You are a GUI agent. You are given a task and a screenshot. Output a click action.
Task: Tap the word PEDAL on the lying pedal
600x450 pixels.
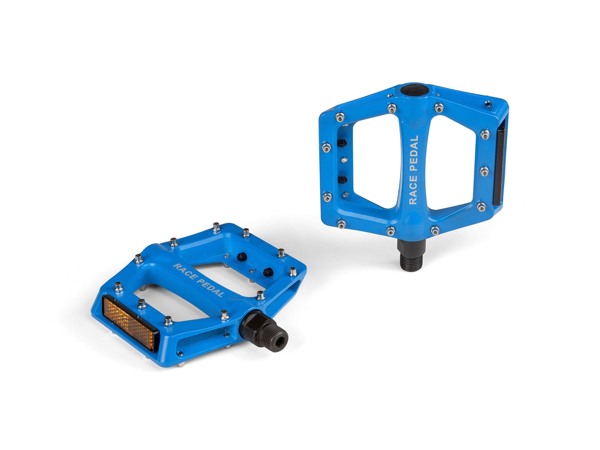[210, 288]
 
